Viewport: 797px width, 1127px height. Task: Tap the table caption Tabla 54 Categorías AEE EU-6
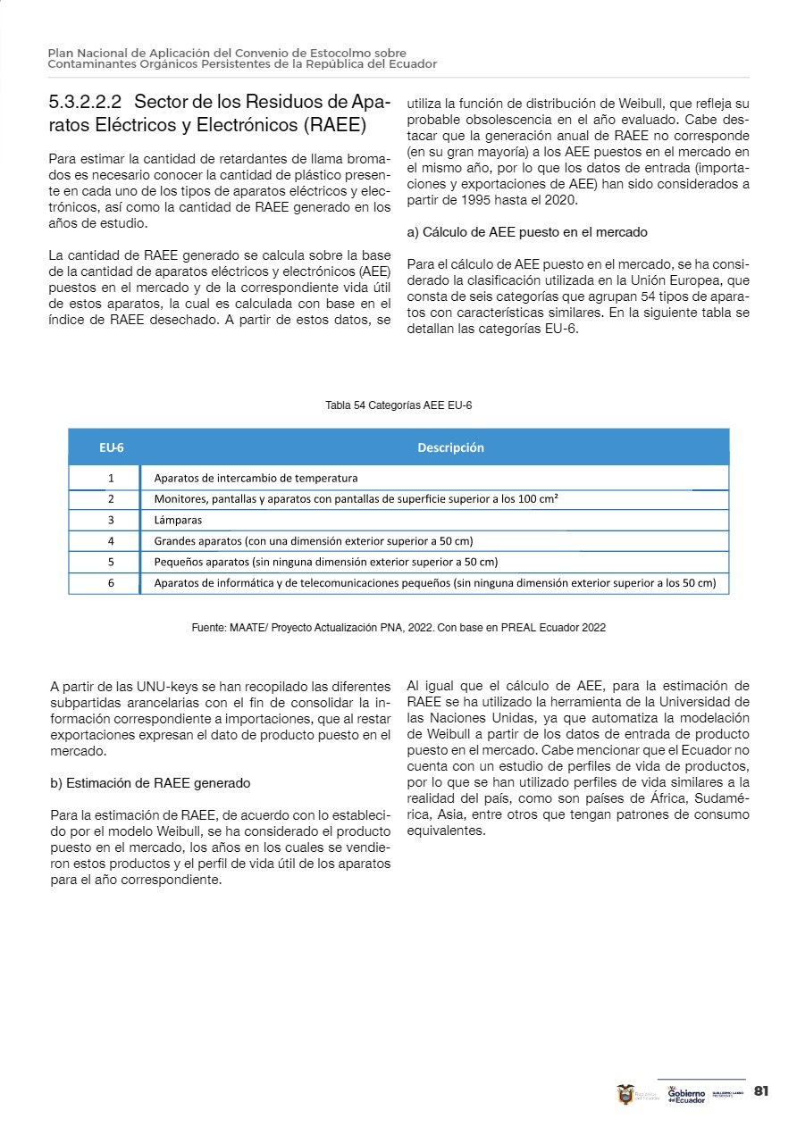[x=398, y=405]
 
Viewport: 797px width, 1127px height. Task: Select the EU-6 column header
[x=111, y=447]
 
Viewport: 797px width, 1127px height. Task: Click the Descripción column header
[x=450, y=447]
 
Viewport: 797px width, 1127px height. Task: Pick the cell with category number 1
[x=111, y=478]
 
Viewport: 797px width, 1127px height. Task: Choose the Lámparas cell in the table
[x=178, y=520]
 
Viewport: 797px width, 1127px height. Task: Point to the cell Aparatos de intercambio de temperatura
[x=256, y=478]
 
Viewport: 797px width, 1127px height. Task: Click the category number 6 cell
[x=111, y=583]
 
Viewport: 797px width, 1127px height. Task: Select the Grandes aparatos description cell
[x=313, y=541]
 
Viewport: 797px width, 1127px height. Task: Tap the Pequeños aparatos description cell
[x=325, y=562]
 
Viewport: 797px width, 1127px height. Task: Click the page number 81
[x=761, y=1091]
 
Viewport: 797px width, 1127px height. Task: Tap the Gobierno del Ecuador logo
[x=686, y=1094]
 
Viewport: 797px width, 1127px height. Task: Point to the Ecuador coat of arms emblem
[x=626, y=1094]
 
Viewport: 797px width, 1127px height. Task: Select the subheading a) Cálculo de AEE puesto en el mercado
[x=527, y=232]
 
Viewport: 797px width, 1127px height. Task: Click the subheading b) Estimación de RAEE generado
[x=150, y=783]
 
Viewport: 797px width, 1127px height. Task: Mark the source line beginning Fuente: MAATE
[x=398, y=628]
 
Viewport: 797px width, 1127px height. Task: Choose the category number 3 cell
[x=111, y=520]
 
